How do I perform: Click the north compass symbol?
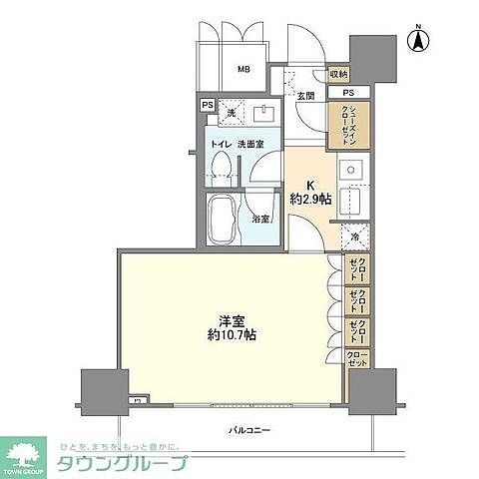point(423,41)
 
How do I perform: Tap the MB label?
point(242,70)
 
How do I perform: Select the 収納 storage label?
point(338,75)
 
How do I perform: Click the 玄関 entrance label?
point(305,96)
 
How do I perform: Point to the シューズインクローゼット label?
point(349,127)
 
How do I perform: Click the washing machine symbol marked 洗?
point(231,114)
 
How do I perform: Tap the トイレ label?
point(219,144)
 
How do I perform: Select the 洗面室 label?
point(250,144)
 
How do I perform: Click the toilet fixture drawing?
point(223,165)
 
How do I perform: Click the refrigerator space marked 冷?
point(356,237)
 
